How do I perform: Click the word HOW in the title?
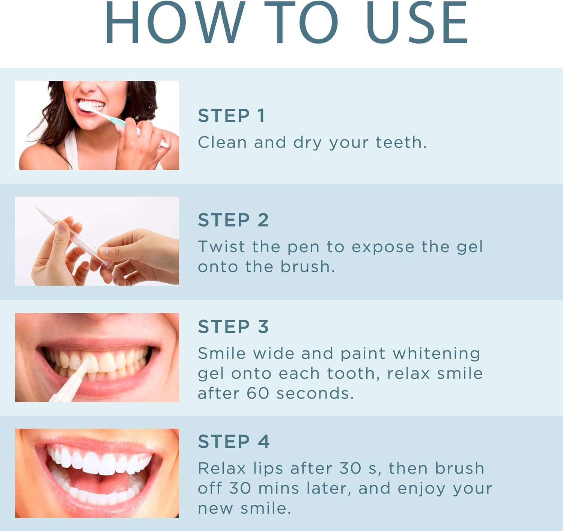[175, 23]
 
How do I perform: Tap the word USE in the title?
[417, 23]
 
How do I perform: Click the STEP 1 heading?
[232, 116]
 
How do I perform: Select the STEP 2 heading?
[233, 220]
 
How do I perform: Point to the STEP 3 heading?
[233, 326]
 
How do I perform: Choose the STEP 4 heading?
[233, 441]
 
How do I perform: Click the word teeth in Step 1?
[401, 143]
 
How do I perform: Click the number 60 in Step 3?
[258, 393]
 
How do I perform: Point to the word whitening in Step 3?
[436, 353]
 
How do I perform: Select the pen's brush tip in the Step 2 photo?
[38, 210]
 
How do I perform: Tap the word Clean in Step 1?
[222, 143]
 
